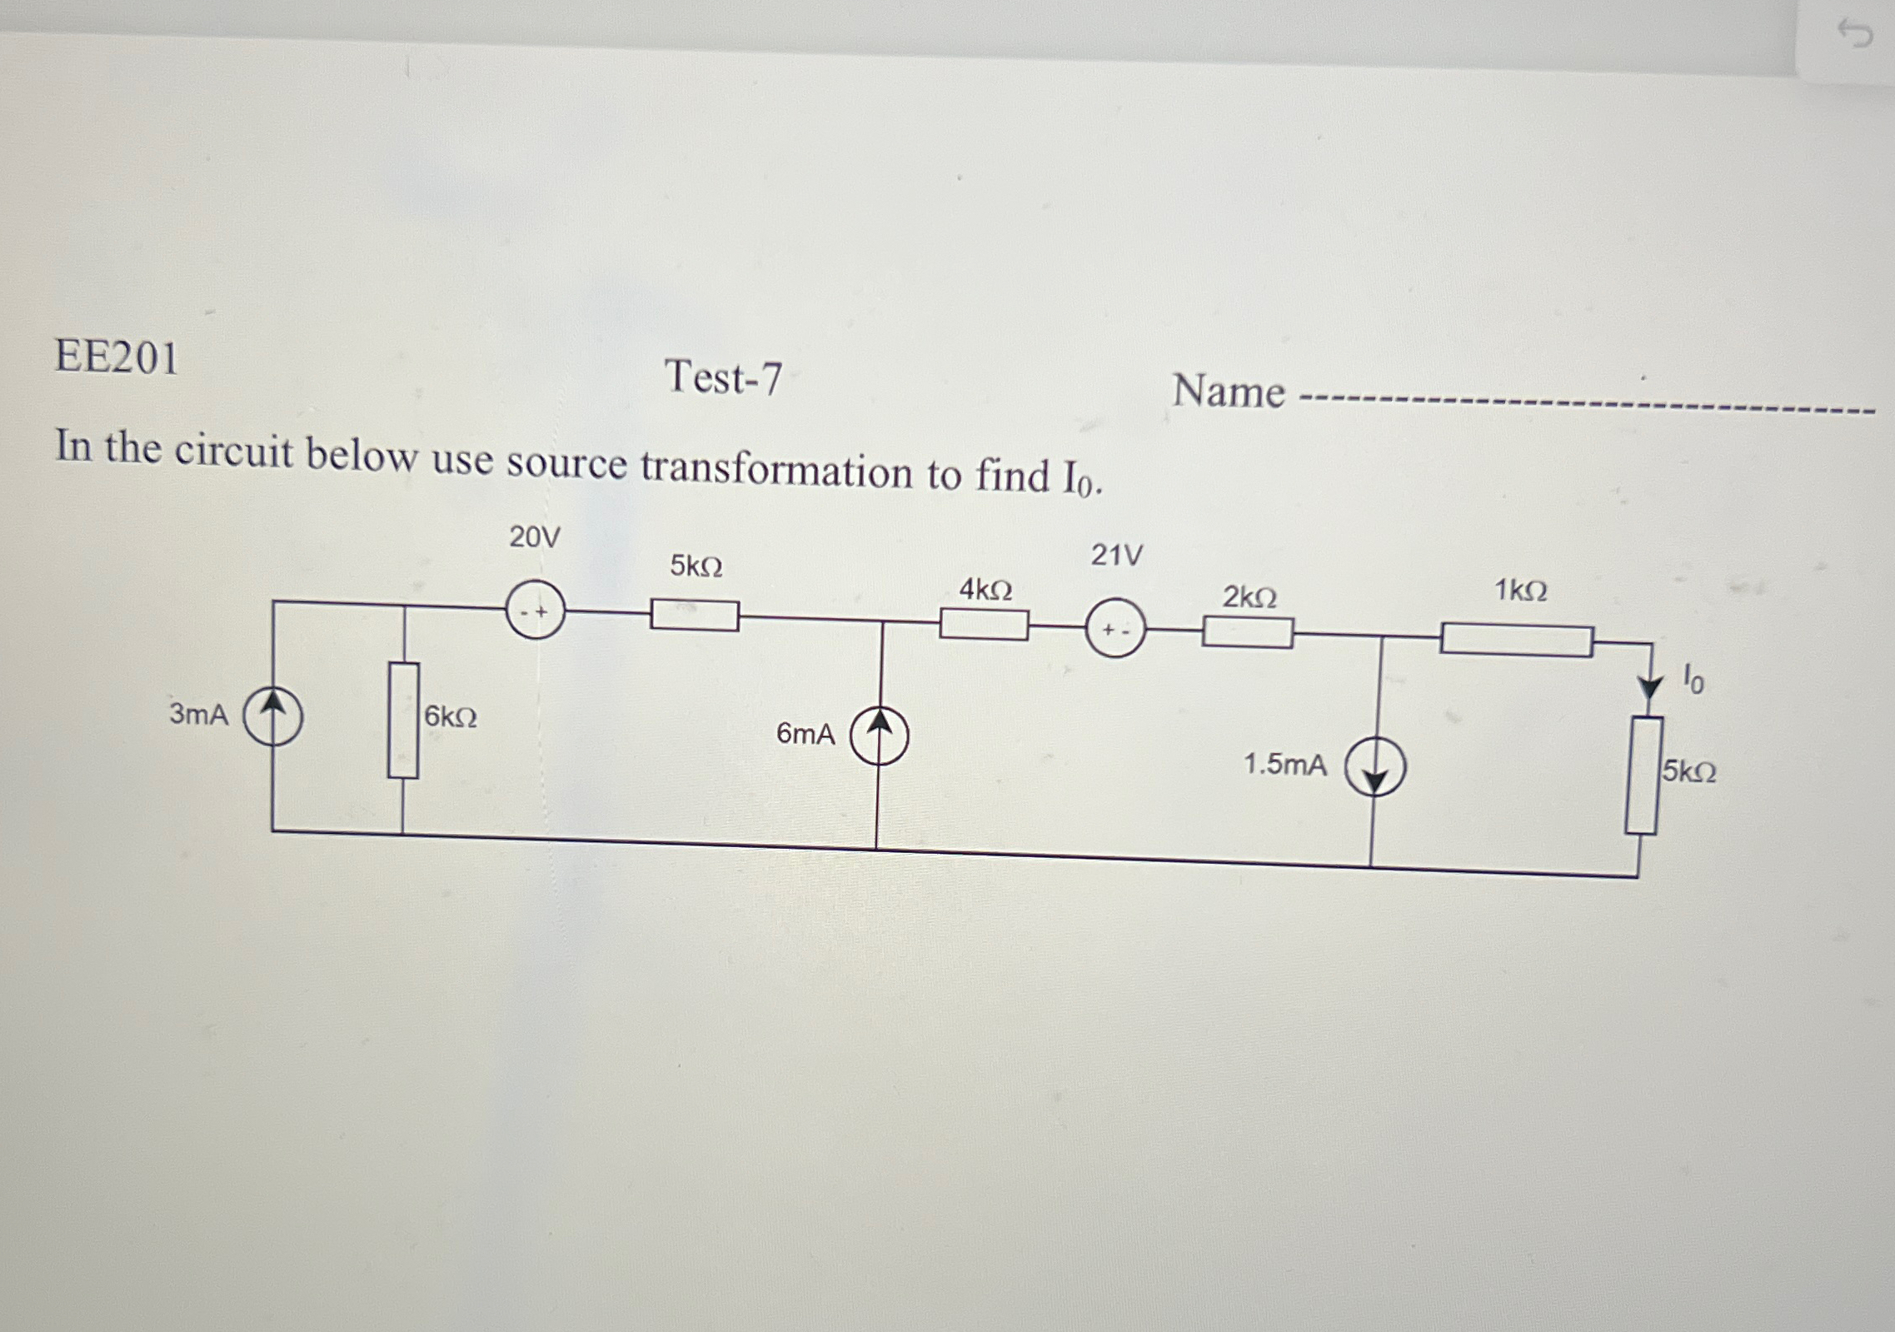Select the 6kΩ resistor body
[403, 721]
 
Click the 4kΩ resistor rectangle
[984, 624]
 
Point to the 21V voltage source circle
[1115, 629]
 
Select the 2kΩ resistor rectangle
[1247, 633]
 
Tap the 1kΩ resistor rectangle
[1517, 641]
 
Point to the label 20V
[535, 538]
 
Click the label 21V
[1117, 555]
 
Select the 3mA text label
[199, 715]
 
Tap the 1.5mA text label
[1284, 765]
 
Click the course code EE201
[117, 358]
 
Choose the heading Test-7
[723, 378]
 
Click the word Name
[1229, 392]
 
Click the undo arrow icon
[1854, 35]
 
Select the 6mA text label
[805, 734]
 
